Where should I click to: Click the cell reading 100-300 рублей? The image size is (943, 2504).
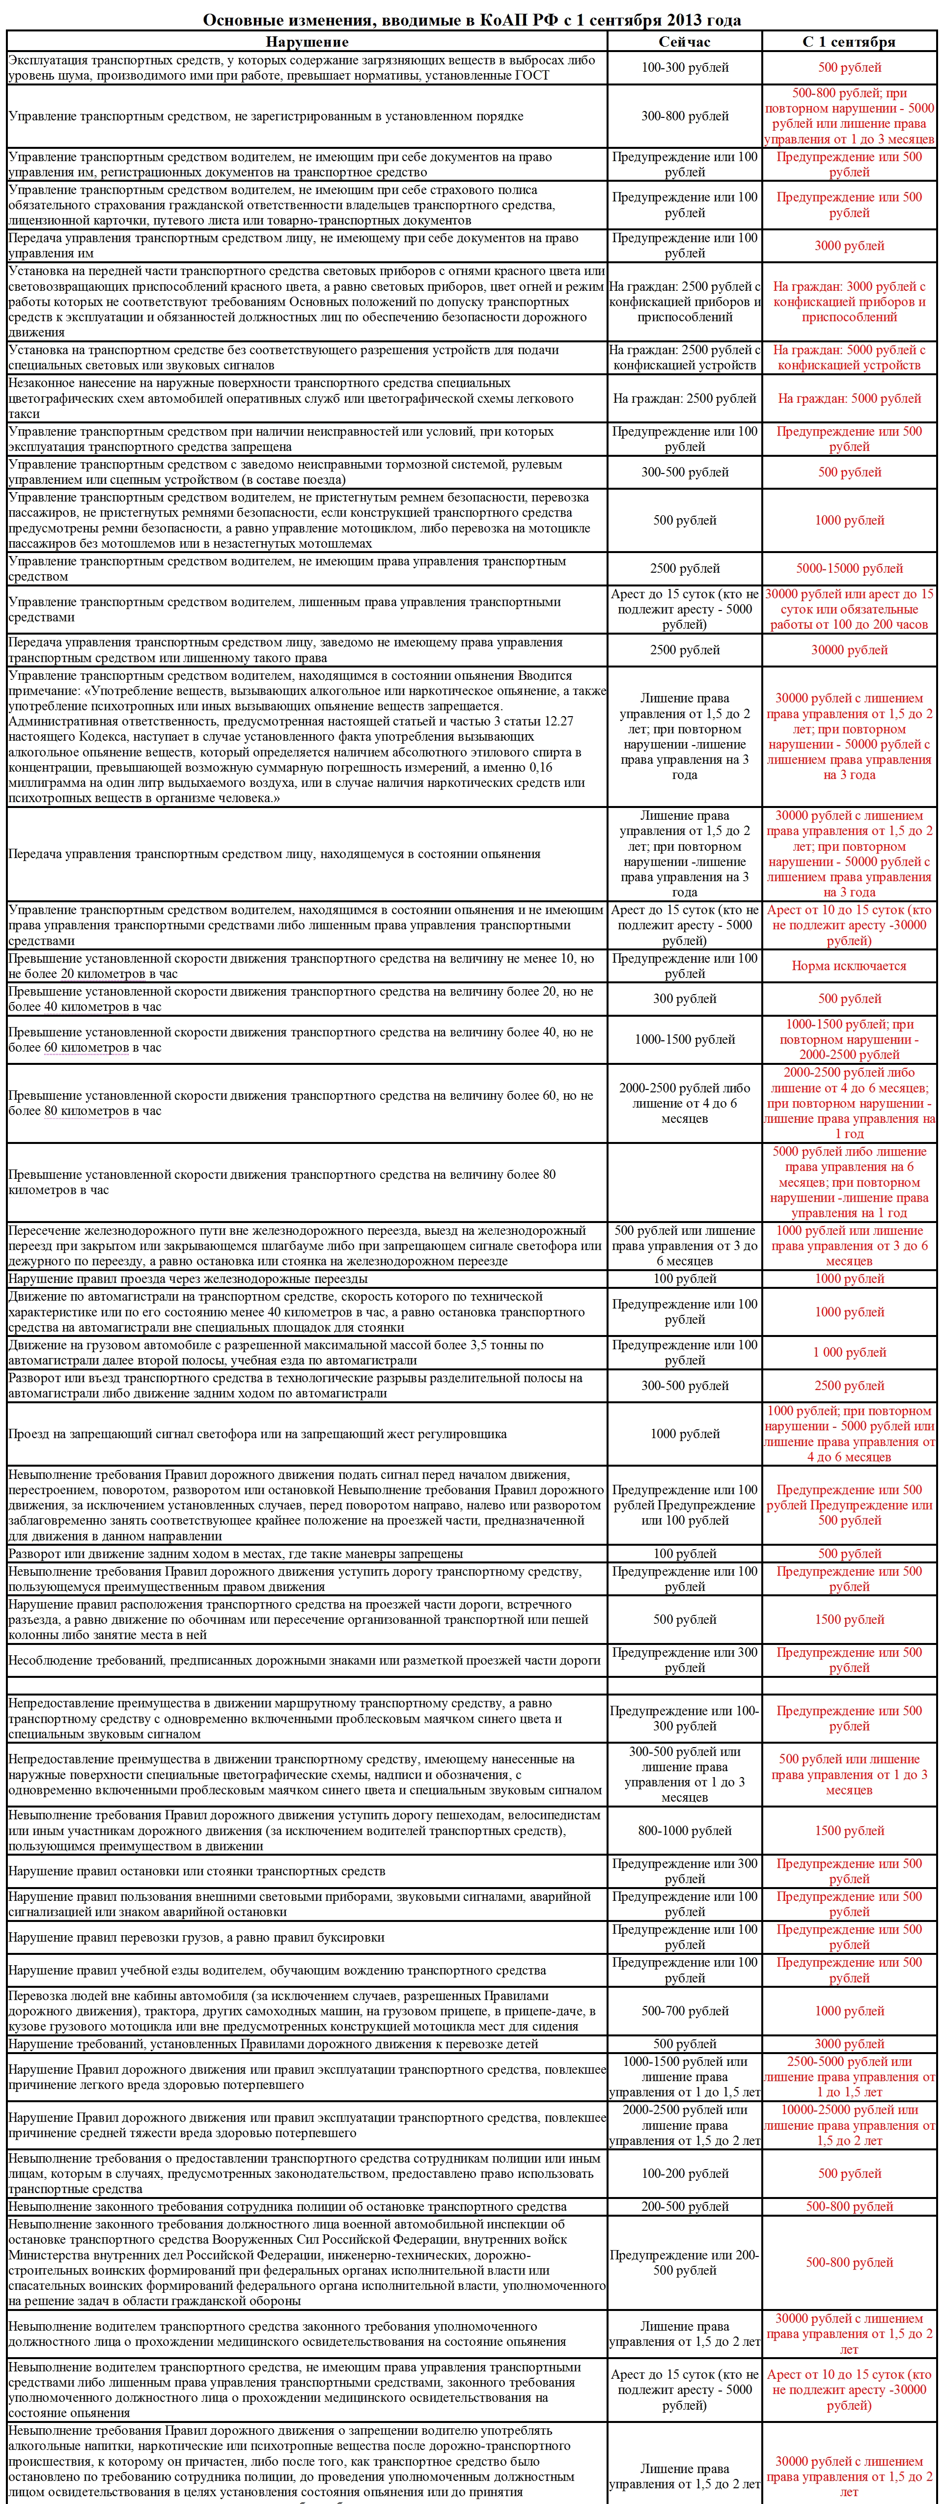coord(684,67)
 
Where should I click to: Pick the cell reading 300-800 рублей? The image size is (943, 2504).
coord(684,116)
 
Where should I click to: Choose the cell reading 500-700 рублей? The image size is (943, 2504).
coord(684,2011)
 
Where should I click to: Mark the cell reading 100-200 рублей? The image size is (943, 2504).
coord(684,2173)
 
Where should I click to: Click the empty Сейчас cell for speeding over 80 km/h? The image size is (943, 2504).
coord(684,1182)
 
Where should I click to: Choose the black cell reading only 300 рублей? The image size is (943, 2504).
coord(684,998)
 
